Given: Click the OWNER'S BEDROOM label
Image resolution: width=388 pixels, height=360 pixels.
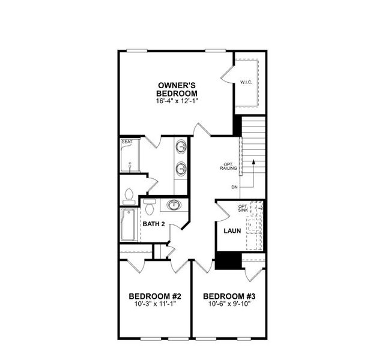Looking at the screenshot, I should coord(177,89).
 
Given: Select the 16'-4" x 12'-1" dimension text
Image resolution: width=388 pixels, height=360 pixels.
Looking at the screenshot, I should coord(177,102).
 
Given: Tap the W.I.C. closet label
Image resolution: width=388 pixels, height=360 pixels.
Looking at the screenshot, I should coord(246,82).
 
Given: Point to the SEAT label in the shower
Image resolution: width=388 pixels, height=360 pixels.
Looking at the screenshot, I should coord(127,142).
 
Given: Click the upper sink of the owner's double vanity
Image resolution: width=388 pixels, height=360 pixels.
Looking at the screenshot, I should coord(181,146).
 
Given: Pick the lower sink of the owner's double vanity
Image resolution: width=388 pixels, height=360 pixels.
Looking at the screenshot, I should coord(181,169).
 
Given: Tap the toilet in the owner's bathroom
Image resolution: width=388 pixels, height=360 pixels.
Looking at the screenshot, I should coord(128,195).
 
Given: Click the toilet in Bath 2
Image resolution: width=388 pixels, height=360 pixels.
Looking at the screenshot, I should coord(150,207).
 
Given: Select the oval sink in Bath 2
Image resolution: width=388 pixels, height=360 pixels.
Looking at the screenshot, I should coord(174,206).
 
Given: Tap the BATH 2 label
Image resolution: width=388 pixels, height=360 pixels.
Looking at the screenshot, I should coord(154,225).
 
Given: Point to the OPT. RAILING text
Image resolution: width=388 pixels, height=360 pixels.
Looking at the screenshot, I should coord(227,166).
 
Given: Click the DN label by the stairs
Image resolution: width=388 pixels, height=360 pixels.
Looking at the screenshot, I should coord(235,187).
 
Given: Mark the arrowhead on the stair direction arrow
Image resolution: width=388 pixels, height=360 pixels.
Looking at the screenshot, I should coord(253,161).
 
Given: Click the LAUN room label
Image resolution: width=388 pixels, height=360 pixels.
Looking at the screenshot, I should coord(232,231).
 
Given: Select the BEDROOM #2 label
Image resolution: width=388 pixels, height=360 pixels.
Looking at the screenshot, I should coord(156,296).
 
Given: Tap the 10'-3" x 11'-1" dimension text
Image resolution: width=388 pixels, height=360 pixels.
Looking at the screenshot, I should coord(156,305).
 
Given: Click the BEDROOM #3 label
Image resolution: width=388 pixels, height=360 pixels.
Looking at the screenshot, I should coord(229,296).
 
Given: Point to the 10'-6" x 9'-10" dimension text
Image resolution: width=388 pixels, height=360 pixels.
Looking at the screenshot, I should coord(229,305).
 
